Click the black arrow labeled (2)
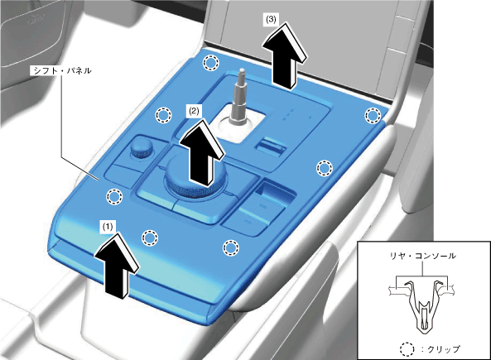coord(202,153)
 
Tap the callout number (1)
coord(108,226)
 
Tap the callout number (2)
coord(194,111)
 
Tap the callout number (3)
coord(271,19)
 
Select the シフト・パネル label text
coord(62,70)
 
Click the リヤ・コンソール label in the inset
coord(422,256)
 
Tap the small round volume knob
coord(141,148)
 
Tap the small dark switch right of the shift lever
coord(271,145)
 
